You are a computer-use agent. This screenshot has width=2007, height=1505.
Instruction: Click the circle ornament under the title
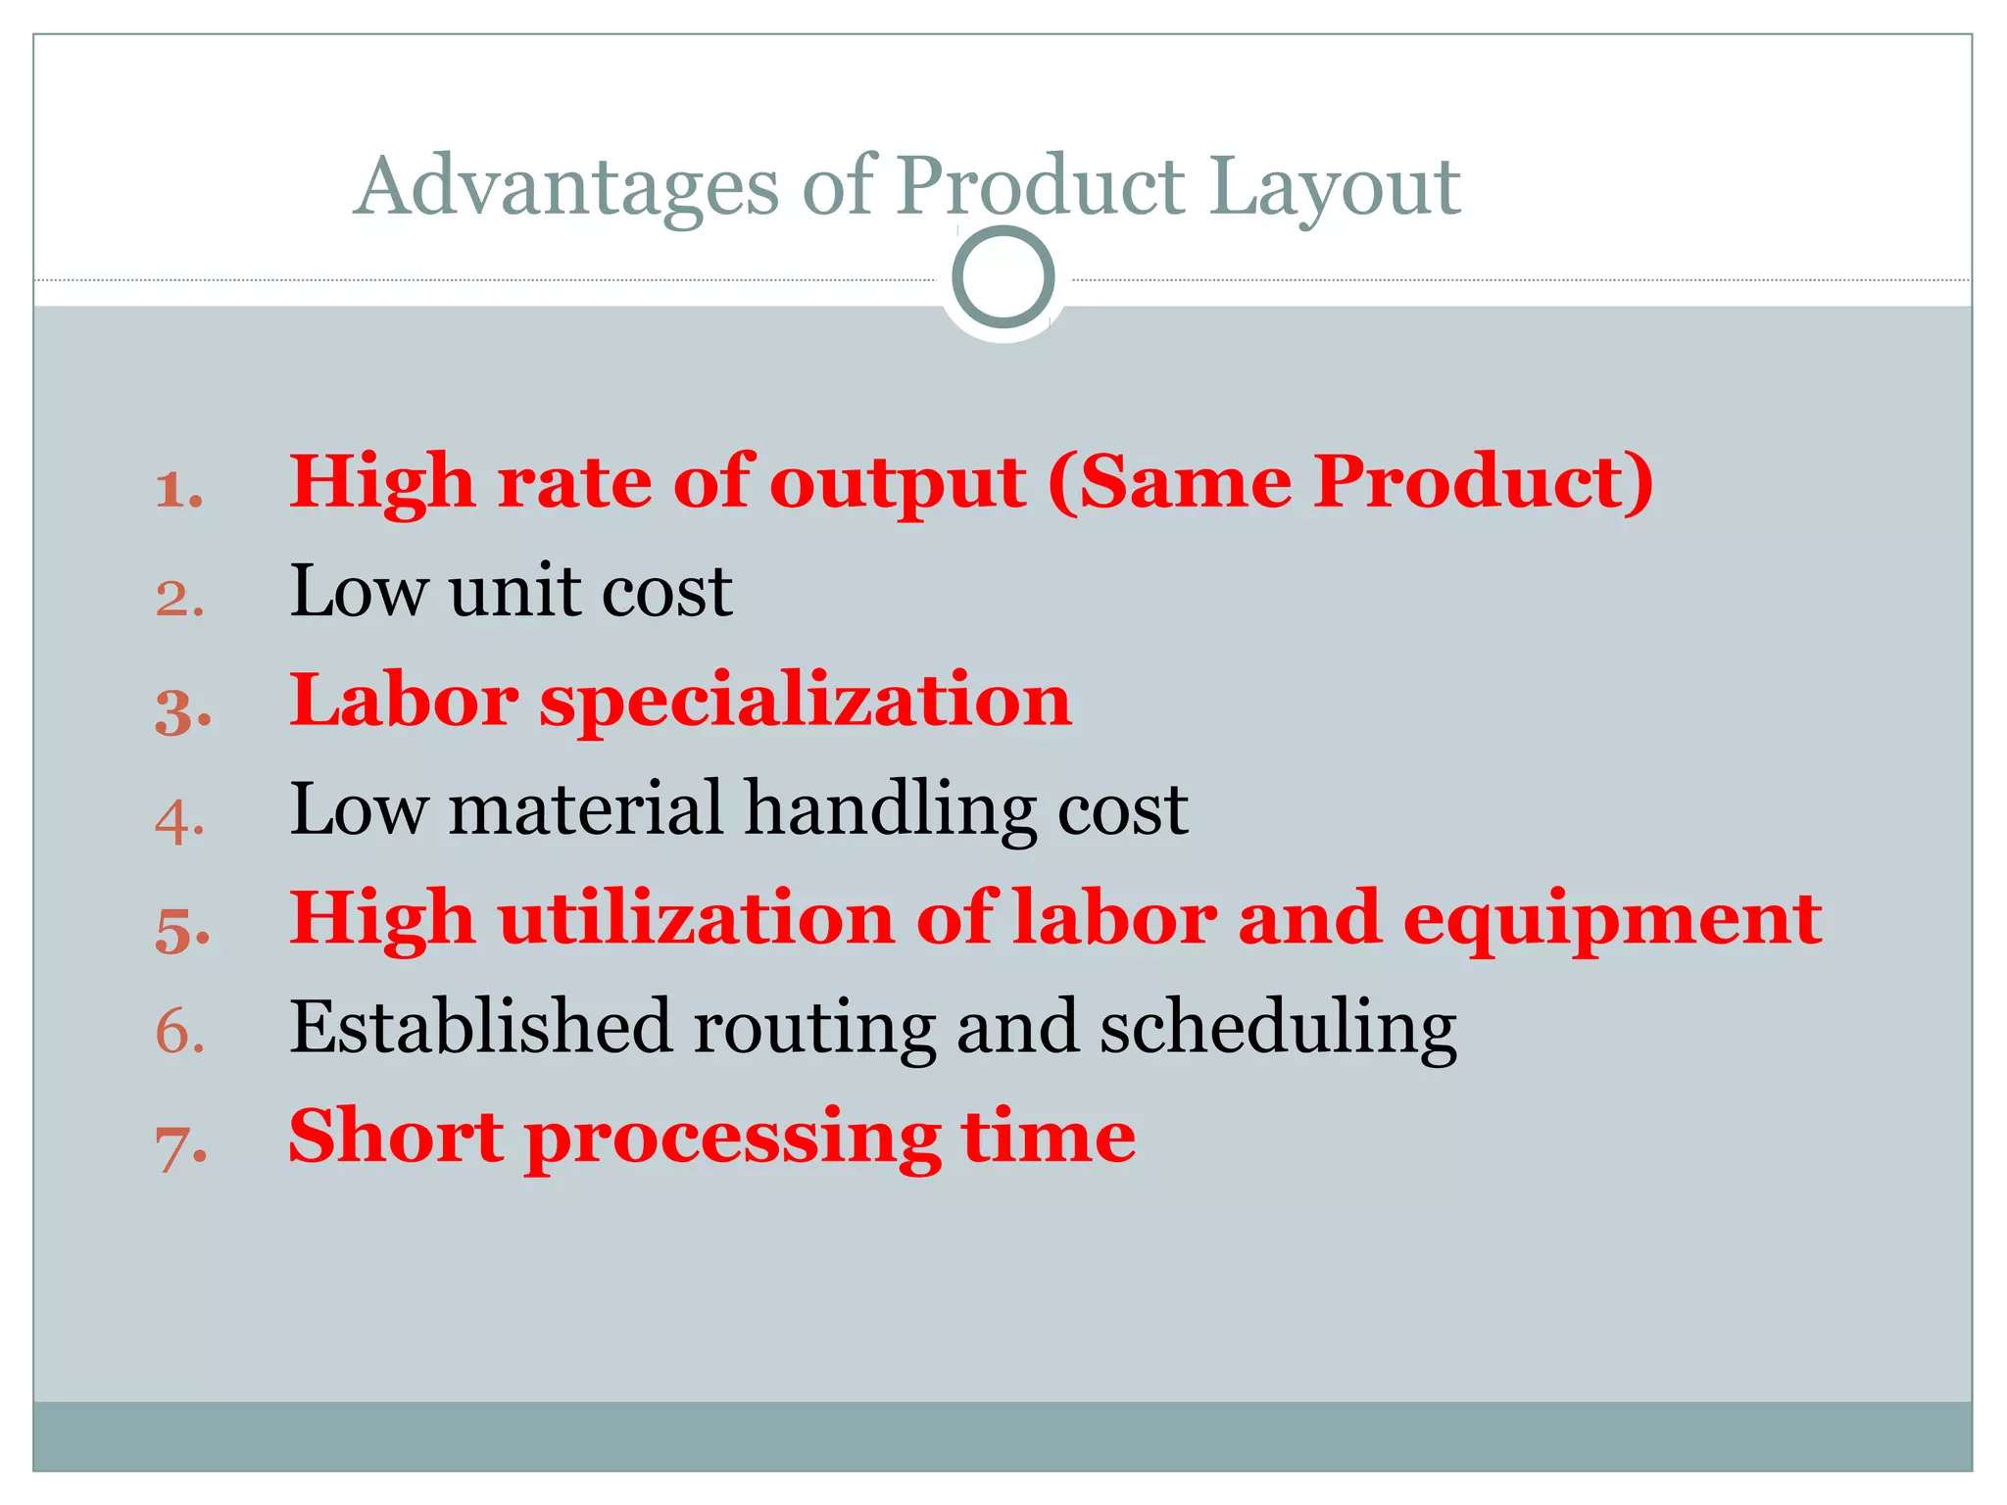click(x=1003, y=277)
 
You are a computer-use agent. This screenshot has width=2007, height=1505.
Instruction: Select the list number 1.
click(x=178, y=489)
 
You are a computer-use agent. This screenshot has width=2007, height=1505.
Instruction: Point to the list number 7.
click(x=180, y=1146)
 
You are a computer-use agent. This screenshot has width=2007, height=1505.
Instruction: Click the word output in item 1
click(x=897, y=483)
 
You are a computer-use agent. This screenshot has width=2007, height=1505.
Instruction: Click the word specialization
click(x=806, y=703)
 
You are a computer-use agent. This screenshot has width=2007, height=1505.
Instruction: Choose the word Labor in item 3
click(x=403, y=701)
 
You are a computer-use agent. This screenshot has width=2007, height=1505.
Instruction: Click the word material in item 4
click(x=585, y=809)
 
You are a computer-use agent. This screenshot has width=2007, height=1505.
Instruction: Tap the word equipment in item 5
click(x=1612, y=921)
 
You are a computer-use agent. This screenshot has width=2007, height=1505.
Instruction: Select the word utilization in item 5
click(x=696, y=919)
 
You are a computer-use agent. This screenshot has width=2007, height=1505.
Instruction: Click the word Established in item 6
click(x=480, y=1027)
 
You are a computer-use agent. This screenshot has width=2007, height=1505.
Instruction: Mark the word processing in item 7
click(x=732, y=1139)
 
